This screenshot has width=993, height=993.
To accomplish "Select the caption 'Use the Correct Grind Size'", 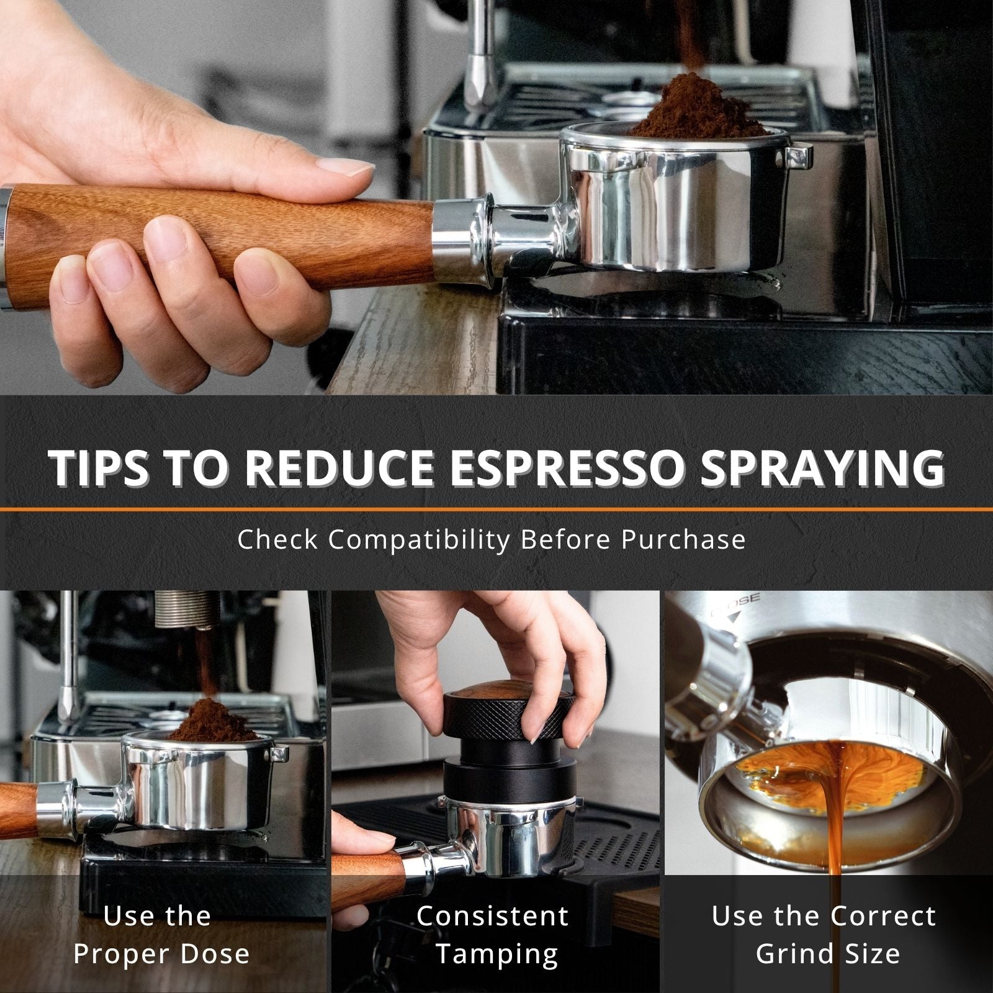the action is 824,935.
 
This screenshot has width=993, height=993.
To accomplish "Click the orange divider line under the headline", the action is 496,509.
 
